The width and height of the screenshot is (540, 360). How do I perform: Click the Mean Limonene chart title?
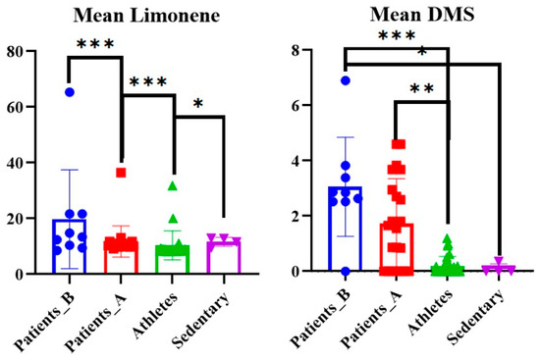(146, 16)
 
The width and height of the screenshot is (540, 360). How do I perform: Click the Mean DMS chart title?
(422, 15)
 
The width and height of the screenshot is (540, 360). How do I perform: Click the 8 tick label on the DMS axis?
(296, 51)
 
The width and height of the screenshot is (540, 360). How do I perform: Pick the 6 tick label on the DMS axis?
(296, 105)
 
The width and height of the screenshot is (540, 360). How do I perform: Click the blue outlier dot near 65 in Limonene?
(70, 92)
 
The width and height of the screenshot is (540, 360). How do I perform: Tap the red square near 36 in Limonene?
(121, 173)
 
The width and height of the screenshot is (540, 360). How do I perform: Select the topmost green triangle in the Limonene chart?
(173, 186)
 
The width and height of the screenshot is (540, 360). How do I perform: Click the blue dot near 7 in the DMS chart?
(346, 80)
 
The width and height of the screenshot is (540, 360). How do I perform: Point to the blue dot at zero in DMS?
(346, 271)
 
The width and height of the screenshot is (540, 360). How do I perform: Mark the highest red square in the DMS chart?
(399, 144)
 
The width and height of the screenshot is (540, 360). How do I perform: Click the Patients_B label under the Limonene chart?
(44, 322)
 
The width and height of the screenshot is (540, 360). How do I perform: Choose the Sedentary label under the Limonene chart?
(200, 320)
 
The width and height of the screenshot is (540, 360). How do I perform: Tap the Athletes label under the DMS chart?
(429, 312)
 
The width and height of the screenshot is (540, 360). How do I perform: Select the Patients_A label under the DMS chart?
(371, 319)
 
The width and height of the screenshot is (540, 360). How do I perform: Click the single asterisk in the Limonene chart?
(198, 103)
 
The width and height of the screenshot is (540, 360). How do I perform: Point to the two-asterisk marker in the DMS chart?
(422, 89)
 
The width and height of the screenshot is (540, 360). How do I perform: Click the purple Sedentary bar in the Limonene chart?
(224, 255)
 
